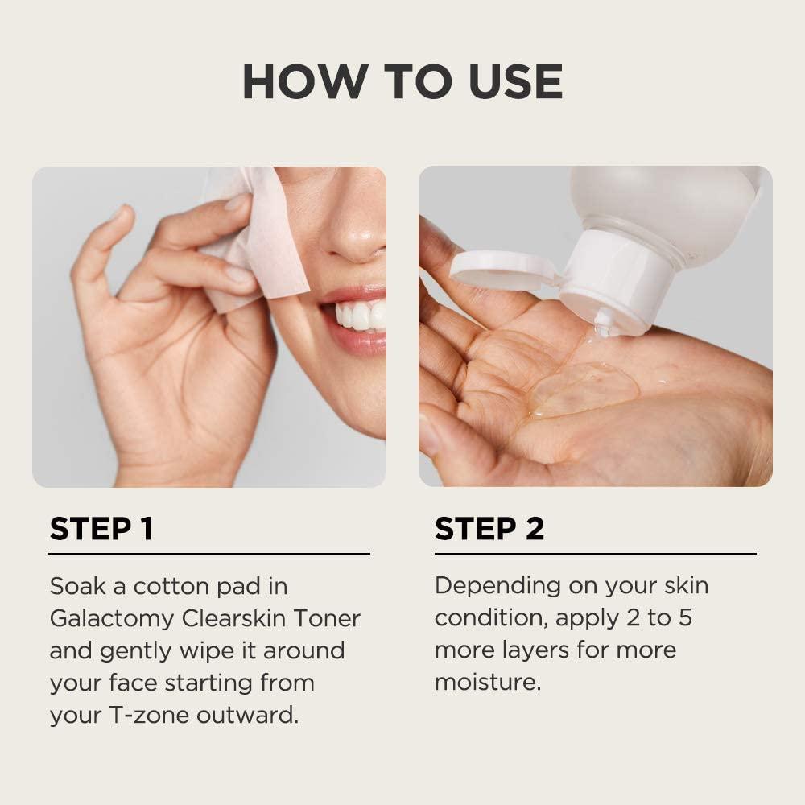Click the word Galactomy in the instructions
click(112, 619)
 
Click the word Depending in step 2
click(497, 587)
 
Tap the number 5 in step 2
click(685, 617)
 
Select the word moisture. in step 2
click(488, 683)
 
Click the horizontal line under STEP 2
click(596, 554)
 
